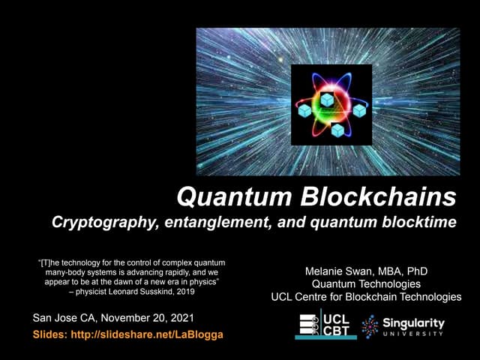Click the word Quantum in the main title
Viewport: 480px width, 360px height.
[229, 197]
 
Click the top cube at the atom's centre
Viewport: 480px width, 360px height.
[328, 99]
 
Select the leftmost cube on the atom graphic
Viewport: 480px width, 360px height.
[305, 111]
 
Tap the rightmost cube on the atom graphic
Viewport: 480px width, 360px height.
[359, 110]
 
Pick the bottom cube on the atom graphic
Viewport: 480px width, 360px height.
[337, 129]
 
